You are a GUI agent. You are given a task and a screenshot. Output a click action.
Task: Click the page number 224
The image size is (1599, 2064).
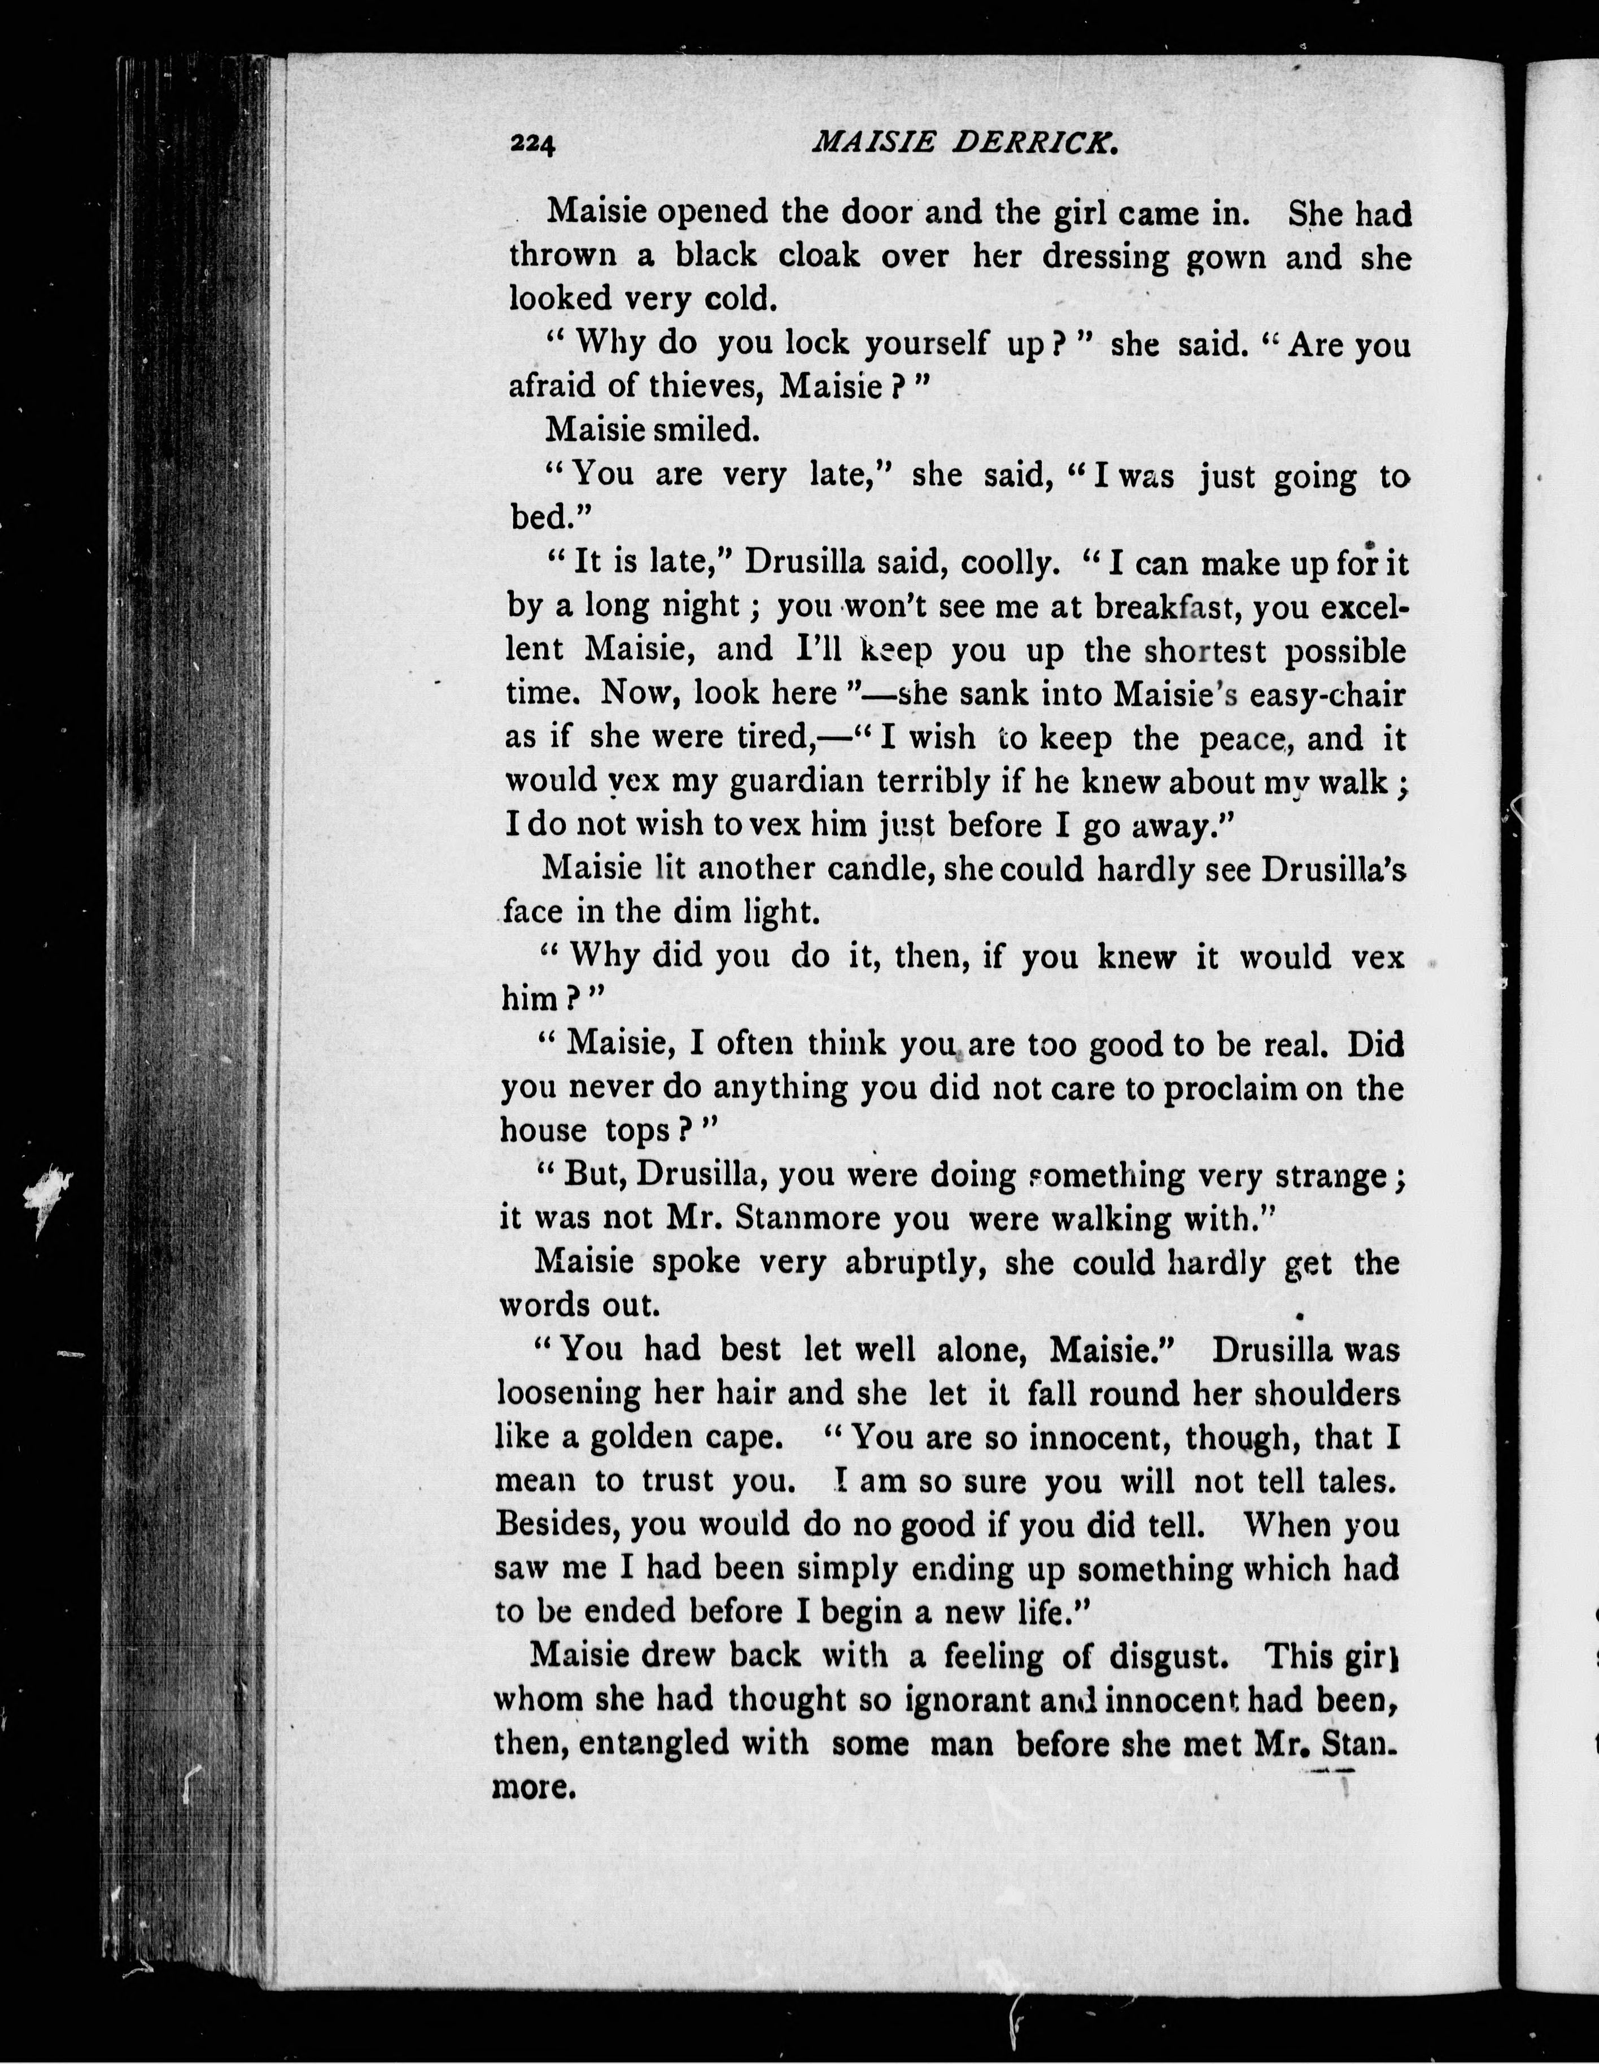tap(532, 143)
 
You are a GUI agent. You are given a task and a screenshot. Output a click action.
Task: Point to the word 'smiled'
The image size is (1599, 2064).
tap(704, 430)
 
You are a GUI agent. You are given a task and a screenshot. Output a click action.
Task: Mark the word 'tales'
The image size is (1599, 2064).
tap(1353, 1481)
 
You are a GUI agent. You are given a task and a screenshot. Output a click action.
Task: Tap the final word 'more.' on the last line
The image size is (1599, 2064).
tap(535, 1786)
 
